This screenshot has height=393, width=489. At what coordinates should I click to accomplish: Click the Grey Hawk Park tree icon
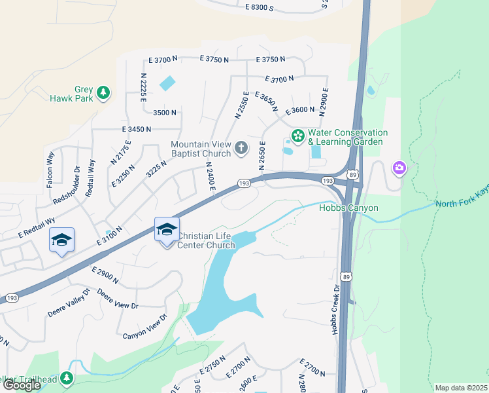tap(103, 93)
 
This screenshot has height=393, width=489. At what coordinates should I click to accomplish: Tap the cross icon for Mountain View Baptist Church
tap(241, 149)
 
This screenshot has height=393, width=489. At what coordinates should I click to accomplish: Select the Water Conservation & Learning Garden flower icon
tap(298, 136)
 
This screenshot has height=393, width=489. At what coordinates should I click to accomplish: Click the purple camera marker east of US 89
tap(399, 168)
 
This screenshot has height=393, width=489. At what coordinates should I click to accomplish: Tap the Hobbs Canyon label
tap(348, 208)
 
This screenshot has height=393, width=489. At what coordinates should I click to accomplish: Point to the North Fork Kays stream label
tap(462, 204)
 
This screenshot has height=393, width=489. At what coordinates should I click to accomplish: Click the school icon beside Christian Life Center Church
tap(166, 230)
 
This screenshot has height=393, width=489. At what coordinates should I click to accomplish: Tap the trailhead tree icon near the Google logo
tap(66, 378)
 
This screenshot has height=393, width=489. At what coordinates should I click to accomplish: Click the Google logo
tap(22, 385)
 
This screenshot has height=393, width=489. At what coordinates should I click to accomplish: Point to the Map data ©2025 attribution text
tap(461, 388)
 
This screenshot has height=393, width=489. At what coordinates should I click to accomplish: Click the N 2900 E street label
tap(323, 102)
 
